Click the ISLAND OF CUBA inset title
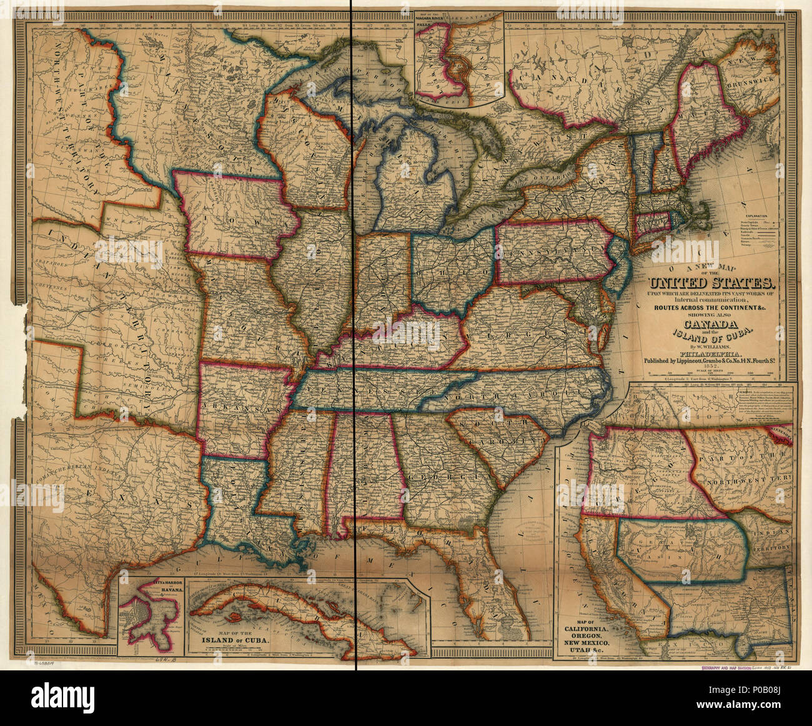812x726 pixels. (x=239, y=641)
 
